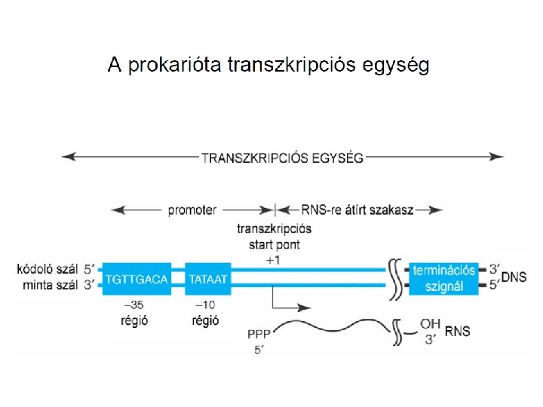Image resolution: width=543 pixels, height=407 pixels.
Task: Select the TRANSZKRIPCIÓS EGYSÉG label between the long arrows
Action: tap(282, 158)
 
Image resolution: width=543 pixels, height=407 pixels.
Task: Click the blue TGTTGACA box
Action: tap(137, 278)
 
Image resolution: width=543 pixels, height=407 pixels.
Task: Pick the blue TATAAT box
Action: tap(207, 278)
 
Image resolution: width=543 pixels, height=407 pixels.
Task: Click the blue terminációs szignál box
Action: tap(444, 278)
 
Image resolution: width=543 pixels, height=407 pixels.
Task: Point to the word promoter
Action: tap(192, 211)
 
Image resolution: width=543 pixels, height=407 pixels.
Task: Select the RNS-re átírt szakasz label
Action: tap(357, 211)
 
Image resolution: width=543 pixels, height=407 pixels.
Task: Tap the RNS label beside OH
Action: tap(457, 331)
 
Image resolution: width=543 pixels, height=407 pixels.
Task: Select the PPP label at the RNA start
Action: tap(258, 332)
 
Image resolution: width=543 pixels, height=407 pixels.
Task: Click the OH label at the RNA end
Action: tap(430, 325)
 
